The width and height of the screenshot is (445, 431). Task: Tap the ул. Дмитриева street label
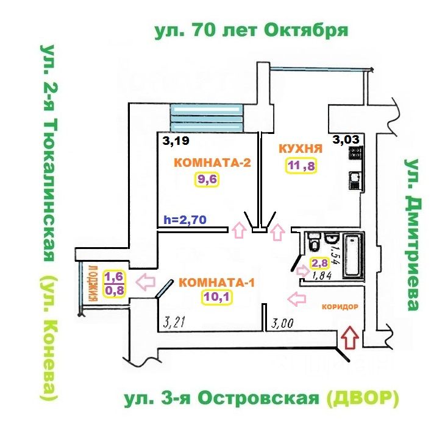pos(414,235)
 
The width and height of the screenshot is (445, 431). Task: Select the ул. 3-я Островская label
pos(222,399)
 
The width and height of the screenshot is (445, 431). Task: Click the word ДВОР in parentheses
pos(362,399)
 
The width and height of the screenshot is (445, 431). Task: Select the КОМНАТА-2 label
pos(205,163)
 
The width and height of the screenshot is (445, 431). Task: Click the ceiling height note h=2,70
pos(186,219)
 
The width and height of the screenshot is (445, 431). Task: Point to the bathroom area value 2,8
pos(321,263)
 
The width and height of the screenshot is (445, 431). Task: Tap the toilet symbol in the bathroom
pos(314,243)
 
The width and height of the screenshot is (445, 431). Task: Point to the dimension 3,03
pos(346,139)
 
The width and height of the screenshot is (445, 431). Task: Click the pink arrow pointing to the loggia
pos(145,282)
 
